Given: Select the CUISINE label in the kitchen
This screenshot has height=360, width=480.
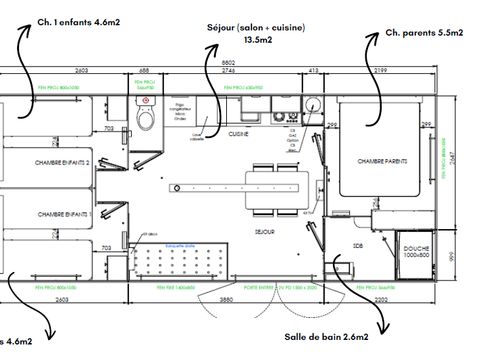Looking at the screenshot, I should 238,133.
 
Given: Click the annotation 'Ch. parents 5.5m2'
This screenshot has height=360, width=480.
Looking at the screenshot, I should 423,33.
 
